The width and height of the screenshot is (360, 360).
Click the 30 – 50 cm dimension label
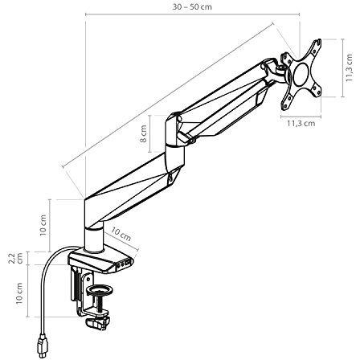coord(192,7)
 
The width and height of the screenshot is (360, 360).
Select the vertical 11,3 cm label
coord(349,67)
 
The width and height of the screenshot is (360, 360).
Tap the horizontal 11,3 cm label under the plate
coord(301,123)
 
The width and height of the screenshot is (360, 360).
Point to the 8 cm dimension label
coord(144,133)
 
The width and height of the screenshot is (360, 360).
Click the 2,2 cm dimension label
coord(15,258)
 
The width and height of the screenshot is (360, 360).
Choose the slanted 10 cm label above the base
coord(121,234)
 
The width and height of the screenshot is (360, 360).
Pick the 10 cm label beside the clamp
coord(19,293)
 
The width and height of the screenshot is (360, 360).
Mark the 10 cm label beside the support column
coord(43,225)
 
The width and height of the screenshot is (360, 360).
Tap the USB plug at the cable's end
coord(43,348)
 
